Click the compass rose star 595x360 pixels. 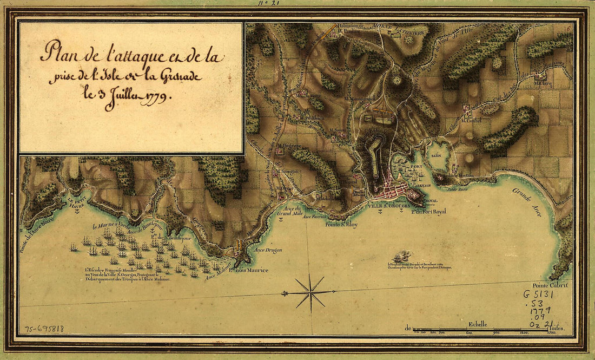[310, 293]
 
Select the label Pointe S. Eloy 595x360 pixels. [341, 224]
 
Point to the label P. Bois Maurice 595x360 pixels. [248, 270]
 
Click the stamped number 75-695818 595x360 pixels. [44, 329]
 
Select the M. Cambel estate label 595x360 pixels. [471, 120]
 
